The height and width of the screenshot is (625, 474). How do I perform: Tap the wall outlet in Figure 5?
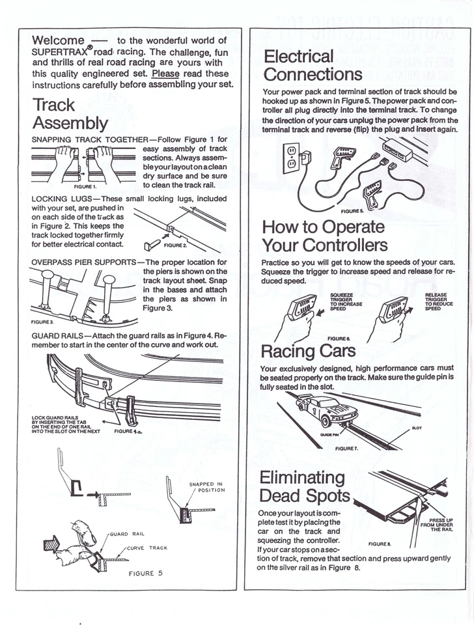pos(292,156)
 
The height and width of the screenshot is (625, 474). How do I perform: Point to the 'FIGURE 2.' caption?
pos(176,245)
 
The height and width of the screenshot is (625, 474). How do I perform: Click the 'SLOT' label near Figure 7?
pos(417,428)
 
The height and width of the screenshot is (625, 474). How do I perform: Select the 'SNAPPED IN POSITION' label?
pos(206,487)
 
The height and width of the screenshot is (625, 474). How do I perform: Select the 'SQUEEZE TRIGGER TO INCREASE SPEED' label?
pos(346,301)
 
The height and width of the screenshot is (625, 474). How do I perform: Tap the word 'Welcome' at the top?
pos(58,40)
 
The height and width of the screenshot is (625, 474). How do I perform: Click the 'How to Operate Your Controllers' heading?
pos(324,236)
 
